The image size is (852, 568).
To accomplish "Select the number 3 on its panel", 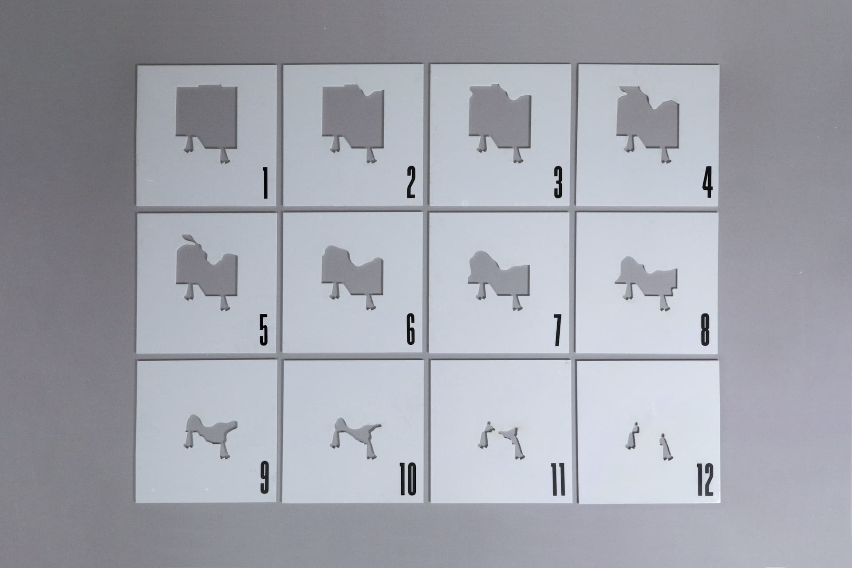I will point(558,184).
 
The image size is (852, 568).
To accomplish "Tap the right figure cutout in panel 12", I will point(664,447).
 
